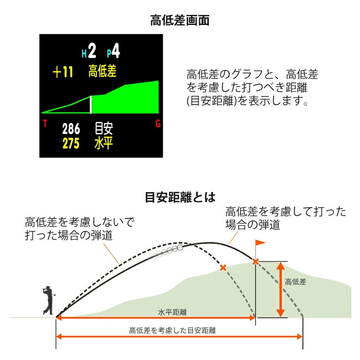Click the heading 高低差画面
coord(180,20)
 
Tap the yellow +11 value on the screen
coord(63,72)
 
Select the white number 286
coord(71,129)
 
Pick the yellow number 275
coord(71,144)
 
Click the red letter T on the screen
coord(45,123)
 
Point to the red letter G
coord(158,124)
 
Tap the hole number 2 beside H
coord(92,51)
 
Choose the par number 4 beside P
coord(116,50)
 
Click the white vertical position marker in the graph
coord(91,105)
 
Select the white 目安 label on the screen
coord(104,129)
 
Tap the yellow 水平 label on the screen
coord(104,143)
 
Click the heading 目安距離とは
coord(180,197)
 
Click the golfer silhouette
coord(48,300)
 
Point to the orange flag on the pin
coord(260,242)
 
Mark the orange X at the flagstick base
coord(255,262)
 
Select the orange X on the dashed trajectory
coord(223,268)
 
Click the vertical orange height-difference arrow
coord(280,289)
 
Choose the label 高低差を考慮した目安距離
coord(172,330)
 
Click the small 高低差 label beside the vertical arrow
coord(296,282)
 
